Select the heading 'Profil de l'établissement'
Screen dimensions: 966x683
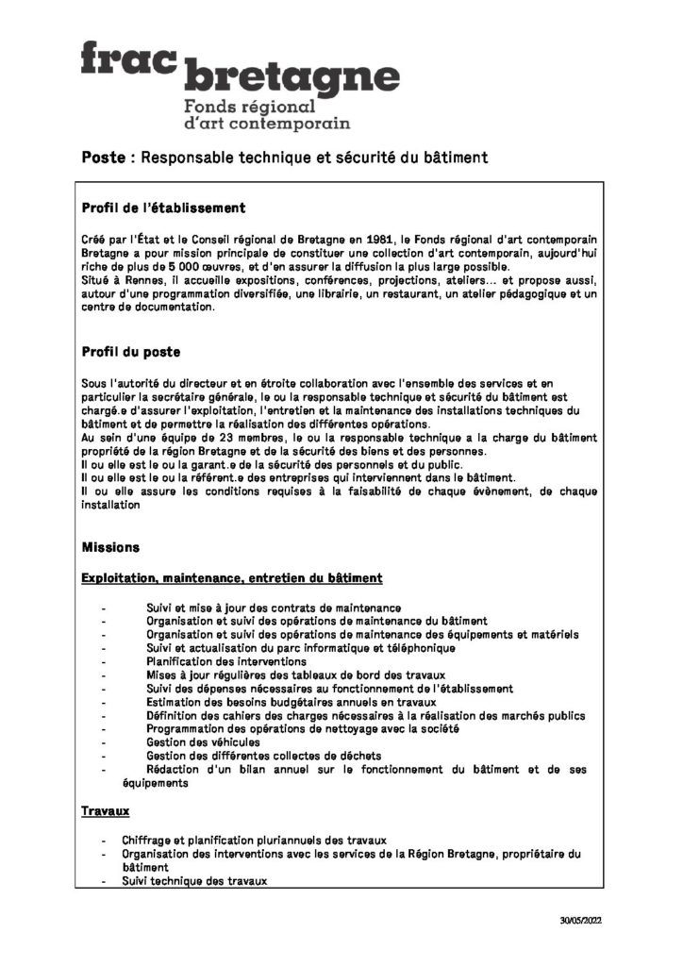coord(163,208)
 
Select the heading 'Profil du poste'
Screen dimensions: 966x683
coord(131,352)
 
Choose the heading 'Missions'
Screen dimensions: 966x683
coord(110,547)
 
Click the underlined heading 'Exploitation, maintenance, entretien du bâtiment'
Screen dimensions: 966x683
coord(231,576)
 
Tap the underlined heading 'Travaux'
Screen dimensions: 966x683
coord(105,810)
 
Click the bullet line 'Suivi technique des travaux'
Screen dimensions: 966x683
coord(194,881)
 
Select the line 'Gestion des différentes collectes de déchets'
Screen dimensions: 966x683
coord(264,756)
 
